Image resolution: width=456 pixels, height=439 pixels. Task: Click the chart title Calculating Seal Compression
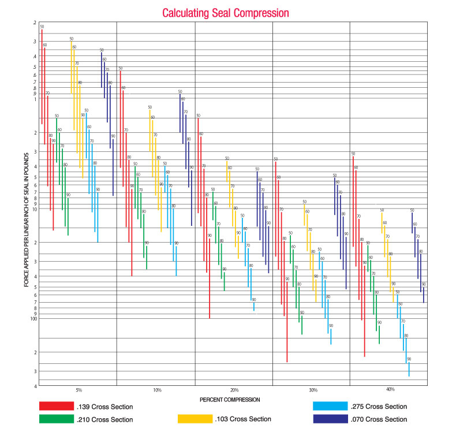pyautogui.click(x=225, y=12)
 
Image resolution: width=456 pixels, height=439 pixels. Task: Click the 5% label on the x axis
pyautogui.click(x=79, y=390)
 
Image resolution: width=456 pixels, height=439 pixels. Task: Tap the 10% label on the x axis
pyautogui.click(x=157, y=390)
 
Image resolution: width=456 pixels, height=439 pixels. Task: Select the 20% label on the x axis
pyautogui.click(x=234, y=390)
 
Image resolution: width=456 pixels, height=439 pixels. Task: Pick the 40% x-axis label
pyautogui.click(x=391, y=390)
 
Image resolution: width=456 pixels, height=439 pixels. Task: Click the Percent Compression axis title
pyautogui.click(x=230, y=399)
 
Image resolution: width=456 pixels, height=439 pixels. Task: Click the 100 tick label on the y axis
pyautogui.click(x=33, y=318)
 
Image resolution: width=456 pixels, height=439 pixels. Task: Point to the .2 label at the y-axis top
pyautogui.click(x=35, y=23)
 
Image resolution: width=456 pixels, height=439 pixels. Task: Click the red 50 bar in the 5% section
pyautogui.click(x=42, y=75)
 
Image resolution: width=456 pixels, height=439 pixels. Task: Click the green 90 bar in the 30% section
pyautogui.click(x=301, y=324)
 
